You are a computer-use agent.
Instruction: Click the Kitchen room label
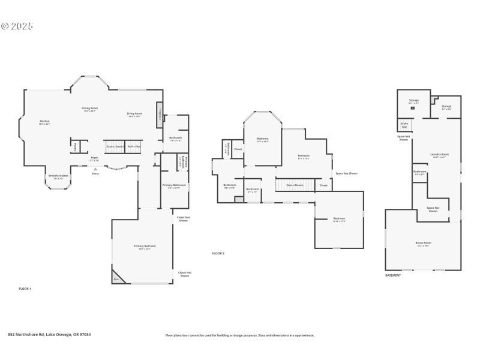click(x=44, y=122)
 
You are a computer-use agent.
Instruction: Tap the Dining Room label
click(x=90, y=109)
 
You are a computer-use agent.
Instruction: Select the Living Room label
click(x=134, y=115)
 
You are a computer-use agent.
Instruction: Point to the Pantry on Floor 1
click(x=75, y=146)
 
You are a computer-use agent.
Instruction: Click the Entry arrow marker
click(x=95, y=170)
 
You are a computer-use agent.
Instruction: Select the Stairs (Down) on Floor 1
click(x=115, y=146)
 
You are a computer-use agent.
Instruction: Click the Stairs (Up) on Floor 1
click(x=134, y=146)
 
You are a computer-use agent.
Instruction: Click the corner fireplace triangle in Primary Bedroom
click(x=116, y=279)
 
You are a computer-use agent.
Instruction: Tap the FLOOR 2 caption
click(x=218, y=254)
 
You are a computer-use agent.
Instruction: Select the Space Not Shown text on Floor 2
click(x=346, y=173)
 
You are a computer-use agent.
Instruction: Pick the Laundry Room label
click(x=439, y=155)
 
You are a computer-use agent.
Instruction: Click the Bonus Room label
click(x=423, y=244)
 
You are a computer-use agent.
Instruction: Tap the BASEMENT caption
click(x=393, y=275)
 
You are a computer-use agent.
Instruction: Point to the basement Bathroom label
click(x=419, y=173)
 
